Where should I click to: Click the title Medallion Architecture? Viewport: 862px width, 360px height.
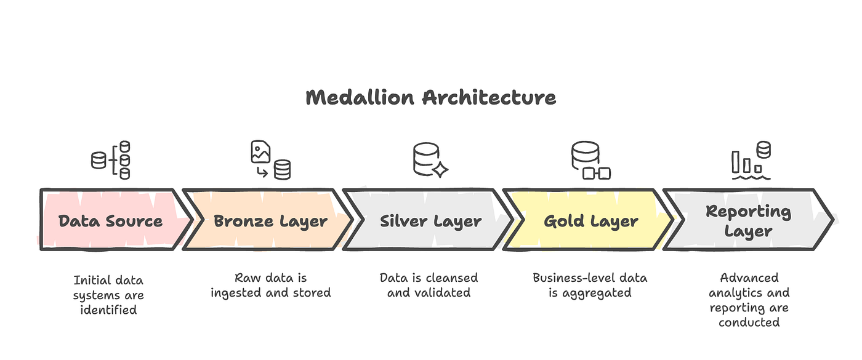pyautogui.click(x=430, y=97)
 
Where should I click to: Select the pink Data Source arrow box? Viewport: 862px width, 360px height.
pyautogui.click(x=111, y=220)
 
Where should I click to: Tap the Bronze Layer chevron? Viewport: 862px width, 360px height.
pyautogui.click(x=270, y=220)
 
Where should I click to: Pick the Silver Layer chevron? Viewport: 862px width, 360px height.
pyautogui.click(x=429, y=220)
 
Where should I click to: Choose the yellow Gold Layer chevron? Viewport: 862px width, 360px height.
pyautogui.click(x=590, y=220)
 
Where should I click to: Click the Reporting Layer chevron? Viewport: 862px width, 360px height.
pyautogui.click(x=748, y=220)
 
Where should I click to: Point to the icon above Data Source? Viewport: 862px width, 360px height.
pyautogui.click(x=111, y=159)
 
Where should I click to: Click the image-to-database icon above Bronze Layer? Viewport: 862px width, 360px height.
pyautogui.click(x=270, y=160)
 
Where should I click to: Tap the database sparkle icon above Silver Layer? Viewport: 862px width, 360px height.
pyautogui.click(x=430, y=160)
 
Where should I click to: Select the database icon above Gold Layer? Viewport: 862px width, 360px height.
pyautogui.click(x=590, y=160)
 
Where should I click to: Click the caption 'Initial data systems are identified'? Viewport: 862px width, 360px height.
pyautogui.click(x=108, y=295)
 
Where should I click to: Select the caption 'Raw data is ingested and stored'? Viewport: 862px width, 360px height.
pyautogui.click(x=270, y=285)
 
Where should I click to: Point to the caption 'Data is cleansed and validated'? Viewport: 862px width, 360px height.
pyautogui.click(x=429, y=285)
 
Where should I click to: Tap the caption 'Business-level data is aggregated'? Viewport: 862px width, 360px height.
pyautogui.click(x=590, y=285)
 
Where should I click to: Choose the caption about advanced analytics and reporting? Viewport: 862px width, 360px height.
pyautogui.click(x=749, y=300)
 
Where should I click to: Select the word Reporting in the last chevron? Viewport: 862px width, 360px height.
pyautogui.click(x=748, y=211)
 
